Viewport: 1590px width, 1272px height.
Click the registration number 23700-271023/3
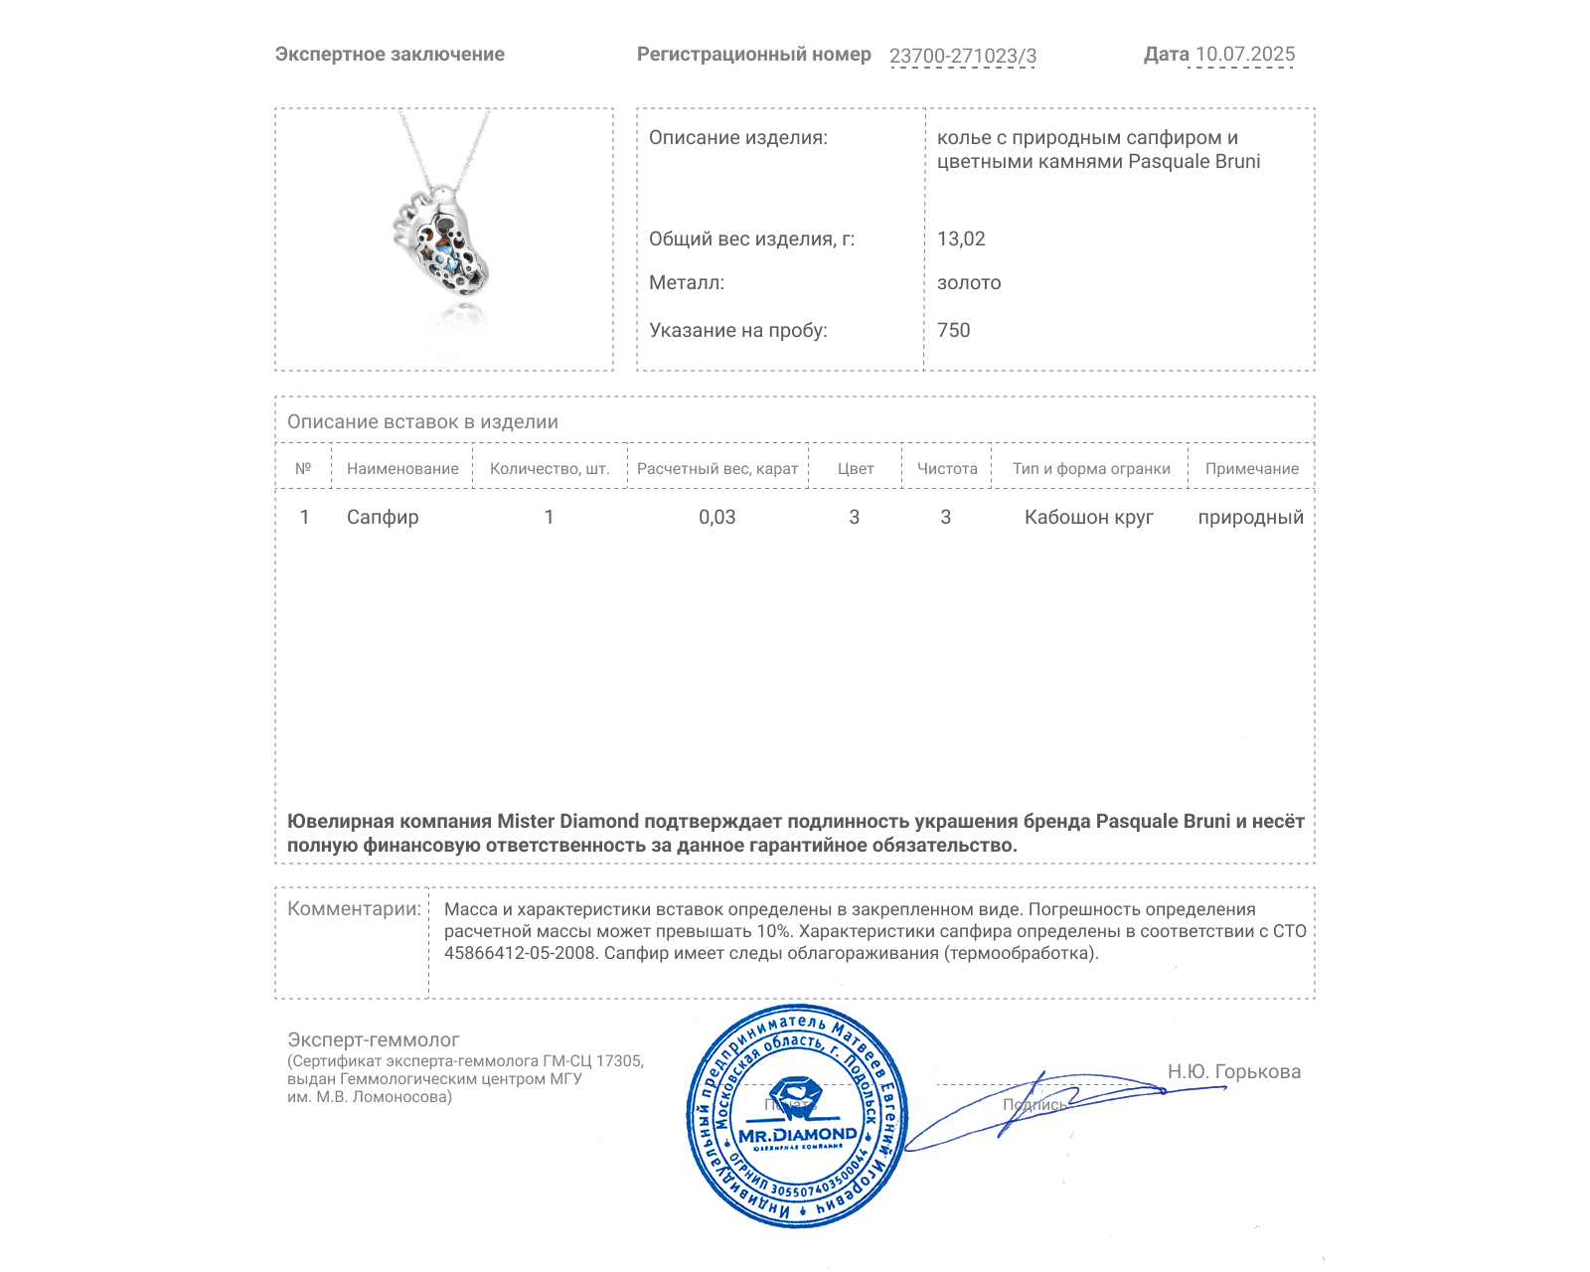coord(962,56)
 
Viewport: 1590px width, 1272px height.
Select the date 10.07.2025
coord(1245,55)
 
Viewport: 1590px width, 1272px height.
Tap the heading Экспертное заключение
coord(390,55)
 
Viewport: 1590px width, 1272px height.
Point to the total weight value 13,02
coord(961,238)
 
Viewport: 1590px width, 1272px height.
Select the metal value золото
coord(969,282)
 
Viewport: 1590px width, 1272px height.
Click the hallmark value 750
coord(953,330)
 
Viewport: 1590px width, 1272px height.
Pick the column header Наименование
coord(402,469)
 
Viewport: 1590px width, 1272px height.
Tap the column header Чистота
coord(947,469)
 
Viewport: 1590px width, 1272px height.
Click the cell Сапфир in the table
coord(383,517)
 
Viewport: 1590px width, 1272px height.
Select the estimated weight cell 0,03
coord(716,517)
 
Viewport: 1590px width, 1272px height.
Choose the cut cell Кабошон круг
coord(1088,517)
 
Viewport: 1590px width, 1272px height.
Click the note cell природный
coord(1250,517)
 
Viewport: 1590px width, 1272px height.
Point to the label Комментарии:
coord(354,908)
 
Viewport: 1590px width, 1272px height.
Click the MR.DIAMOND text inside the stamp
coord(797,1135)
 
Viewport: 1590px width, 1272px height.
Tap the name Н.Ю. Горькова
coord(1233,1071)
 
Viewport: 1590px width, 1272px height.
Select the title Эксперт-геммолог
coord(373,1039)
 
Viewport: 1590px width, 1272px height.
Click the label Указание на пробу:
coord(737,330)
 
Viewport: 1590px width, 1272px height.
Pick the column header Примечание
coord(1251,469)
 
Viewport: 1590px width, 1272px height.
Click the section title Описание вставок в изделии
coord(422,421)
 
